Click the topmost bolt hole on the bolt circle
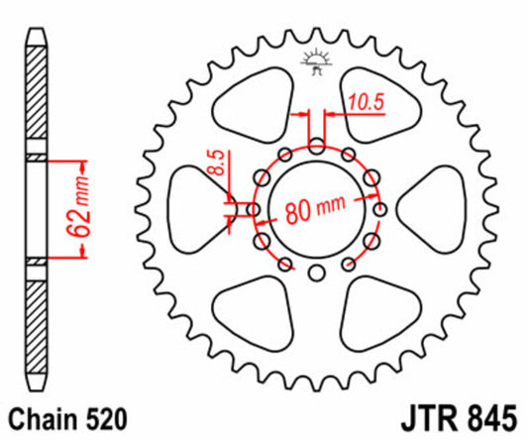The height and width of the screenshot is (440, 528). [317, 146]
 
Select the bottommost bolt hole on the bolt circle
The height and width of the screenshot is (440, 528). [317, 275]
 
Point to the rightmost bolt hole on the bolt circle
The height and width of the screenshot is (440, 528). [380, 210]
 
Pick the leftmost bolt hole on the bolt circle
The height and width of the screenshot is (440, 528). [254, 210]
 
